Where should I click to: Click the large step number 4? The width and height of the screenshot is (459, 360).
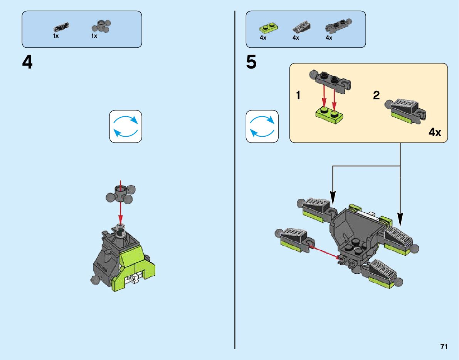(x=27, y=62)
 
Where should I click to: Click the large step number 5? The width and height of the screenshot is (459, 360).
(x=251, y=62)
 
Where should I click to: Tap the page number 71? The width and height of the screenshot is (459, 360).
(x=444, y=347)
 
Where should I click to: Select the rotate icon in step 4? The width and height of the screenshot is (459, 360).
(x=126, y=127)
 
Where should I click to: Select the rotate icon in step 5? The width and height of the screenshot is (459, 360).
(x=262, y=127)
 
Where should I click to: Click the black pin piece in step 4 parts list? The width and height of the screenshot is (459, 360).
(x=61, y=27)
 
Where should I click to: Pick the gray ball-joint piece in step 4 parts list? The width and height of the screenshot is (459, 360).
(x=101, y=27)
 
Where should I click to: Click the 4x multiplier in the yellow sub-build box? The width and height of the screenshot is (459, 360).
(x=435, y=133)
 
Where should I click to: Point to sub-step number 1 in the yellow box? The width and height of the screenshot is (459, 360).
(x=298, y=96)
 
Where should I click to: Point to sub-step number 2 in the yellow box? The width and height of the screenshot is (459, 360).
(x=376, y=96)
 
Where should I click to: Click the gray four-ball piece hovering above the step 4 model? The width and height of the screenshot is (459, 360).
(x=120, y=193)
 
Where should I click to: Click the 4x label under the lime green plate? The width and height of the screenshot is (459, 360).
(x=263, y=38)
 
